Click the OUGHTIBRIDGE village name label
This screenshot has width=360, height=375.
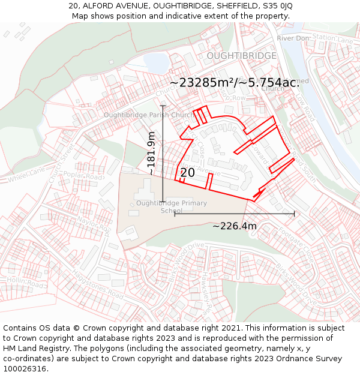[241, 55]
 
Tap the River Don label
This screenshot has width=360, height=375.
[293, 38]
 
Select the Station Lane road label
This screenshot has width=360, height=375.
[334, 40]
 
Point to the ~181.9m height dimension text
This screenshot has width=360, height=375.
[151, 154]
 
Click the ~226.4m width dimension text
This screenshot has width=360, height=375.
[234, 226]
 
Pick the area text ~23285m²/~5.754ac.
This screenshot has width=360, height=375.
[234, 83]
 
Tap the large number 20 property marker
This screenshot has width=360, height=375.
[187, 173]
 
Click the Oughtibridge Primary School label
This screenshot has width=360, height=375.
[172, 206]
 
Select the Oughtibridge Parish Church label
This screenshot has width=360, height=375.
[148, 115]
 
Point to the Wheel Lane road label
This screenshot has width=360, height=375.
[26, 175]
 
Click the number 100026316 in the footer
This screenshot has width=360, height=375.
[26, 368]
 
